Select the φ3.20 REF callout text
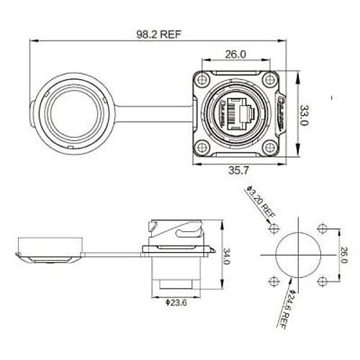click(x=258, y=204)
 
